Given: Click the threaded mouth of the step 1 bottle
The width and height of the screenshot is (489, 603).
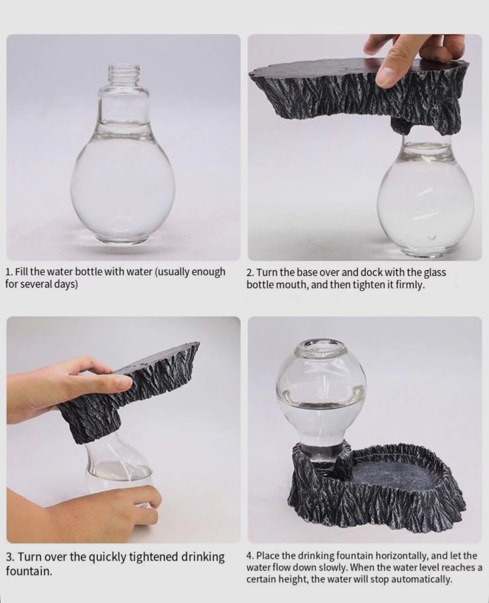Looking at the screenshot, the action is [x=124, y=73].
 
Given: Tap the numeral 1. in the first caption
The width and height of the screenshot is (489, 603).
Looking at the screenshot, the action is [x=9, y=272].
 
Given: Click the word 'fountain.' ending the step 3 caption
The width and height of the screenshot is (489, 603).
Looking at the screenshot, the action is [x=29, y=571].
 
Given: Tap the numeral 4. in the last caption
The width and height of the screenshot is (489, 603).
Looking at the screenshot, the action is [x=250, y=556].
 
